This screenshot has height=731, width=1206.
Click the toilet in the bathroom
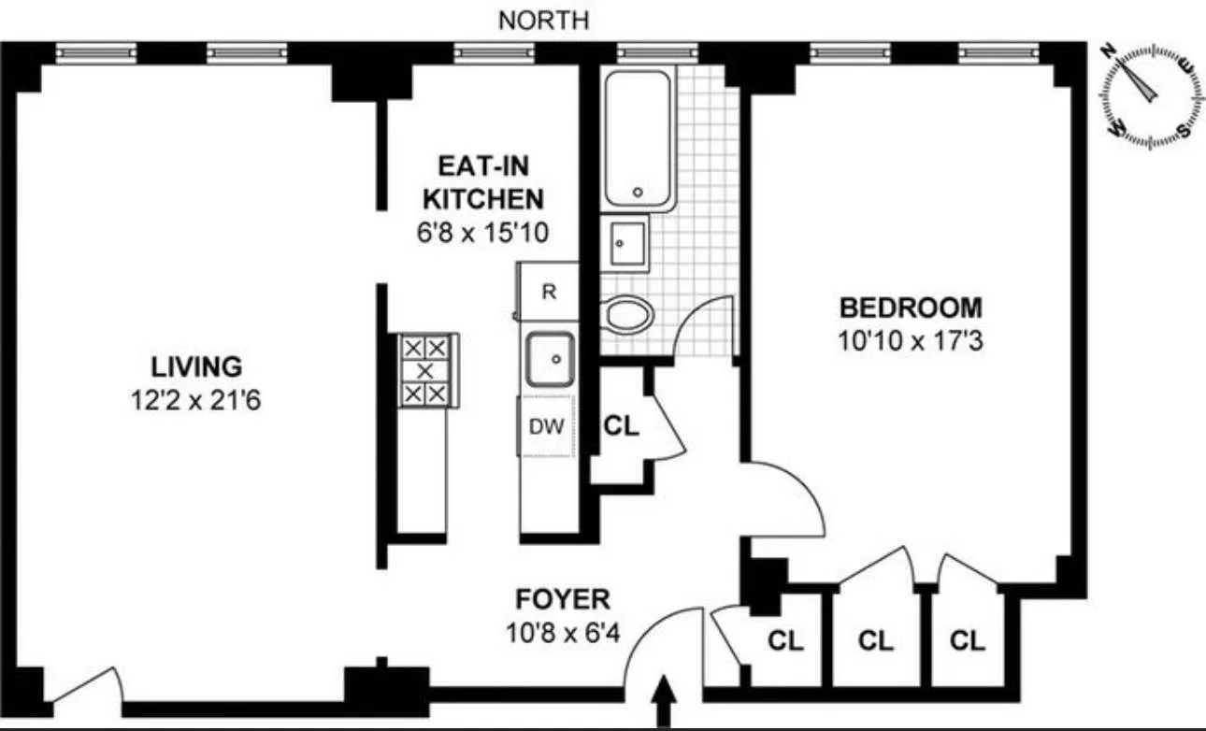coord(628,314)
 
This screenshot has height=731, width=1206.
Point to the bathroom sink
coord(625,242)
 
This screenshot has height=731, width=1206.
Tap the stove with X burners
coord(425,370)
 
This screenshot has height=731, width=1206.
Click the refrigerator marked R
coord(549,292)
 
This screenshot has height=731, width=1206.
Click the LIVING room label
coord(196,365)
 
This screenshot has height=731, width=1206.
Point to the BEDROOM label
coord(911,307)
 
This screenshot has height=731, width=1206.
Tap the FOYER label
coord(563,598)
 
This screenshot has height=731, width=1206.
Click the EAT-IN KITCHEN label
coord(482,183)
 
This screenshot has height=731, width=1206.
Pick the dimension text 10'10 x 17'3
coord(911,341)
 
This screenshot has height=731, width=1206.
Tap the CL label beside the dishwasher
coord(621,426)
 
